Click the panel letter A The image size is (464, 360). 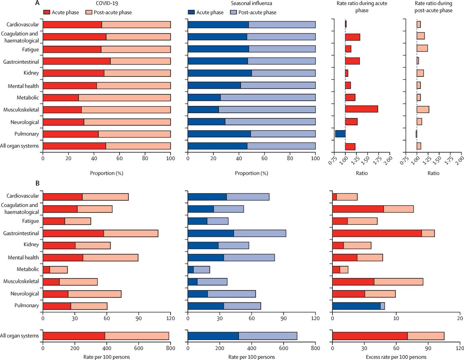click(37, 3)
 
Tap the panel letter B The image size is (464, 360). click(37, 183)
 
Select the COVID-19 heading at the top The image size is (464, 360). click(107, 3)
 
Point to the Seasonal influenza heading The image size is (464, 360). click(251, 3)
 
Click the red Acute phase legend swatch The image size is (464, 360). click(46, 12)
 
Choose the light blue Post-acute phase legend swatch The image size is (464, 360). click(233, 12)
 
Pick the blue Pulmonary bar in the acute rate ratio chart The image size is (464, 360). click(340, 134)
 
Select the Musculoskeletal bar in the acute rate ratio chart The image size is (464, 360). click(361, 109)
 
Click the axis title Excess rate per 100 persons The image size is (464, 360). click(396, 357)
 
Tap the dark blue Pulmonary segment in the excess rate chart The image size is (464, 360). click(356, 306)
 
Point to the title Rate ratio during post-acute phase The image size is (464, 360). click(433, 7)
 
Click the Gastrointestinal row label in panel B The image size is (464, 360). click(21, 233)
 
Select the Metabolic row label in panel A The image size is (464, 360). click(28, 98)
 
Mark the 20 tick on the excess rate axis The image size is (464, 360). click(460, 318)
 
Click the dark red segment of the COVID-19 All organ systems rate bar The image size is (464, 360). click(74, 336)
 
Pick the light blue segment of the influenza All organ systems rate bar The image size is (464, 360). click(268, 336)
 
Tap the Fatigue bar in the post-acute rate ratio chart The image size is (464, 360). click(422, 49)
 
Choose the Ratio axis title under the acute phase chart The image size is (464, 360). click(361, 173)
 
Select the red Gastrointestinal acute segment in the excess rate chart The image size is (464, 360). click(377, 233)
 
